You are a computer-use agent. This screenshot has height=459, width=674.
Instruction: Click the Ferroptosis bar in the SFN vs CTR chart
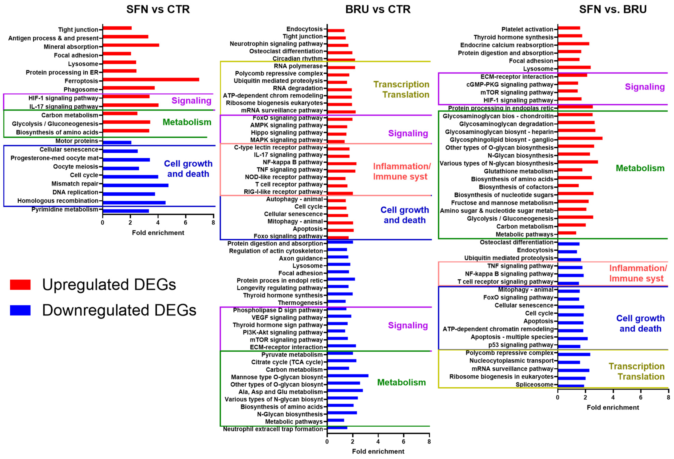(151, 79)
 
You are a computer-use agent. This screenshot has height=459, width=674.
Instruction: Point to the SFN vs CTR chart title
(158, 9)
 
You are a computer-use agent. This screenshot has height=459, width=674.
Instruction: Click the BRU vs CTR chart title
(378, 9)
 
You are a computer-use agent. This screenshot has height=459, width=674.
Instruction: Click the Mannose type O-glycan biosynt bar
(347, 376)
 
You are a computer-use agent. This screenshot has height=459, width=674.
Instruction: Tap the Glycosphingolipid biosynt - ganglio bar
(580, 138)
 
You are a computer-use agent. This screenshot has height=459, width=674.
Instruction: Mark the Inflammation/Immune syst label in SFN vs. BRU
(638, 273)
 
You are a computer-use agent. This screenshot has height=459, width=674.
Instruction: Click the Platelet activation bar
(569, 28)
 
